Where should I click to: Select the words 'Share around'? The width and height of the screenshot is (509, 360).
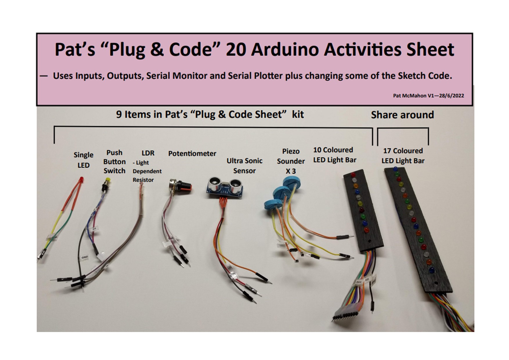pos(402,115)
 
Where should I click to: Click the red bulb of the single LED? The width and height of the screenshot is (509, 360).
pos(82,179)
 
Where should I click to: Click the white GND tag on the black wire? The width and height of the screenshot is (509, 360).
pos(84,257)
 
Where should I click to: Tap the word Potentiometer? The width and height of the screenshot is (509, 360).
pos(192,154)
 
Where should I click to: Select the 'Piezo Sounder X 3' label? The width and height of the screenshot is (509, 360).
pos(291,161)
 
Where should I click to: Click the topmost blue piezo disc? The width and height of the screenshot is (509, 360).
pos(292,182)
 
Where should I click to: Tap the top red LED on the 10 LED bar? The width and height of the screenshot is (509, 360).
pos(353,175)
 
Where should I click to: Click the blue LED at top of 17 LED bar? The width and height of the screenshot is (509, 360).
pos(395,169)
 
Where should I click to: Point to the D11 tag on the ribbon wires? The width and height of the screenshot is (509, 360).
pos(359,282)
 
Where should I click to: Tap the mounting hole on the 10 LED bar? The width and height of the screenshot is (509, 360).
pos(369,241)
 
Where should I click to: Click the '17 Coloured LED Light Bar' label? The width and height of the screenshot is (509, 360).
pos(403,156)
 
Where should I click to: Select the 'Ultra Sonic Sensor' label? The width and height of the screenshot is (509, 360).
pos(244,166)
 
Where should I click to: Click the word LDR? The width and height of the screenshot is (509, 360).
pos(148,153)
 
